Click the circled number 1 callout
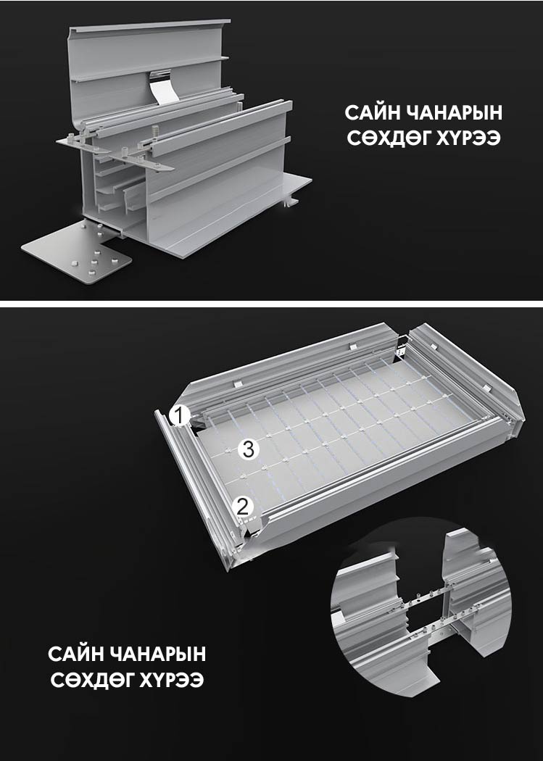[180, 416]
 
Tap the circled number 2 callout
[243, 507]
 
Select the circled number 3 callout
[249, 449]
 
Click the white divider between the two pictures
[271, 304]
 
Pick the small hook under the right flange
[291, 200]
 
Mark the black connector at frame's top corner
[402, 346]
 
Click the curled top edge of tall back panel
[149, 25]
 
